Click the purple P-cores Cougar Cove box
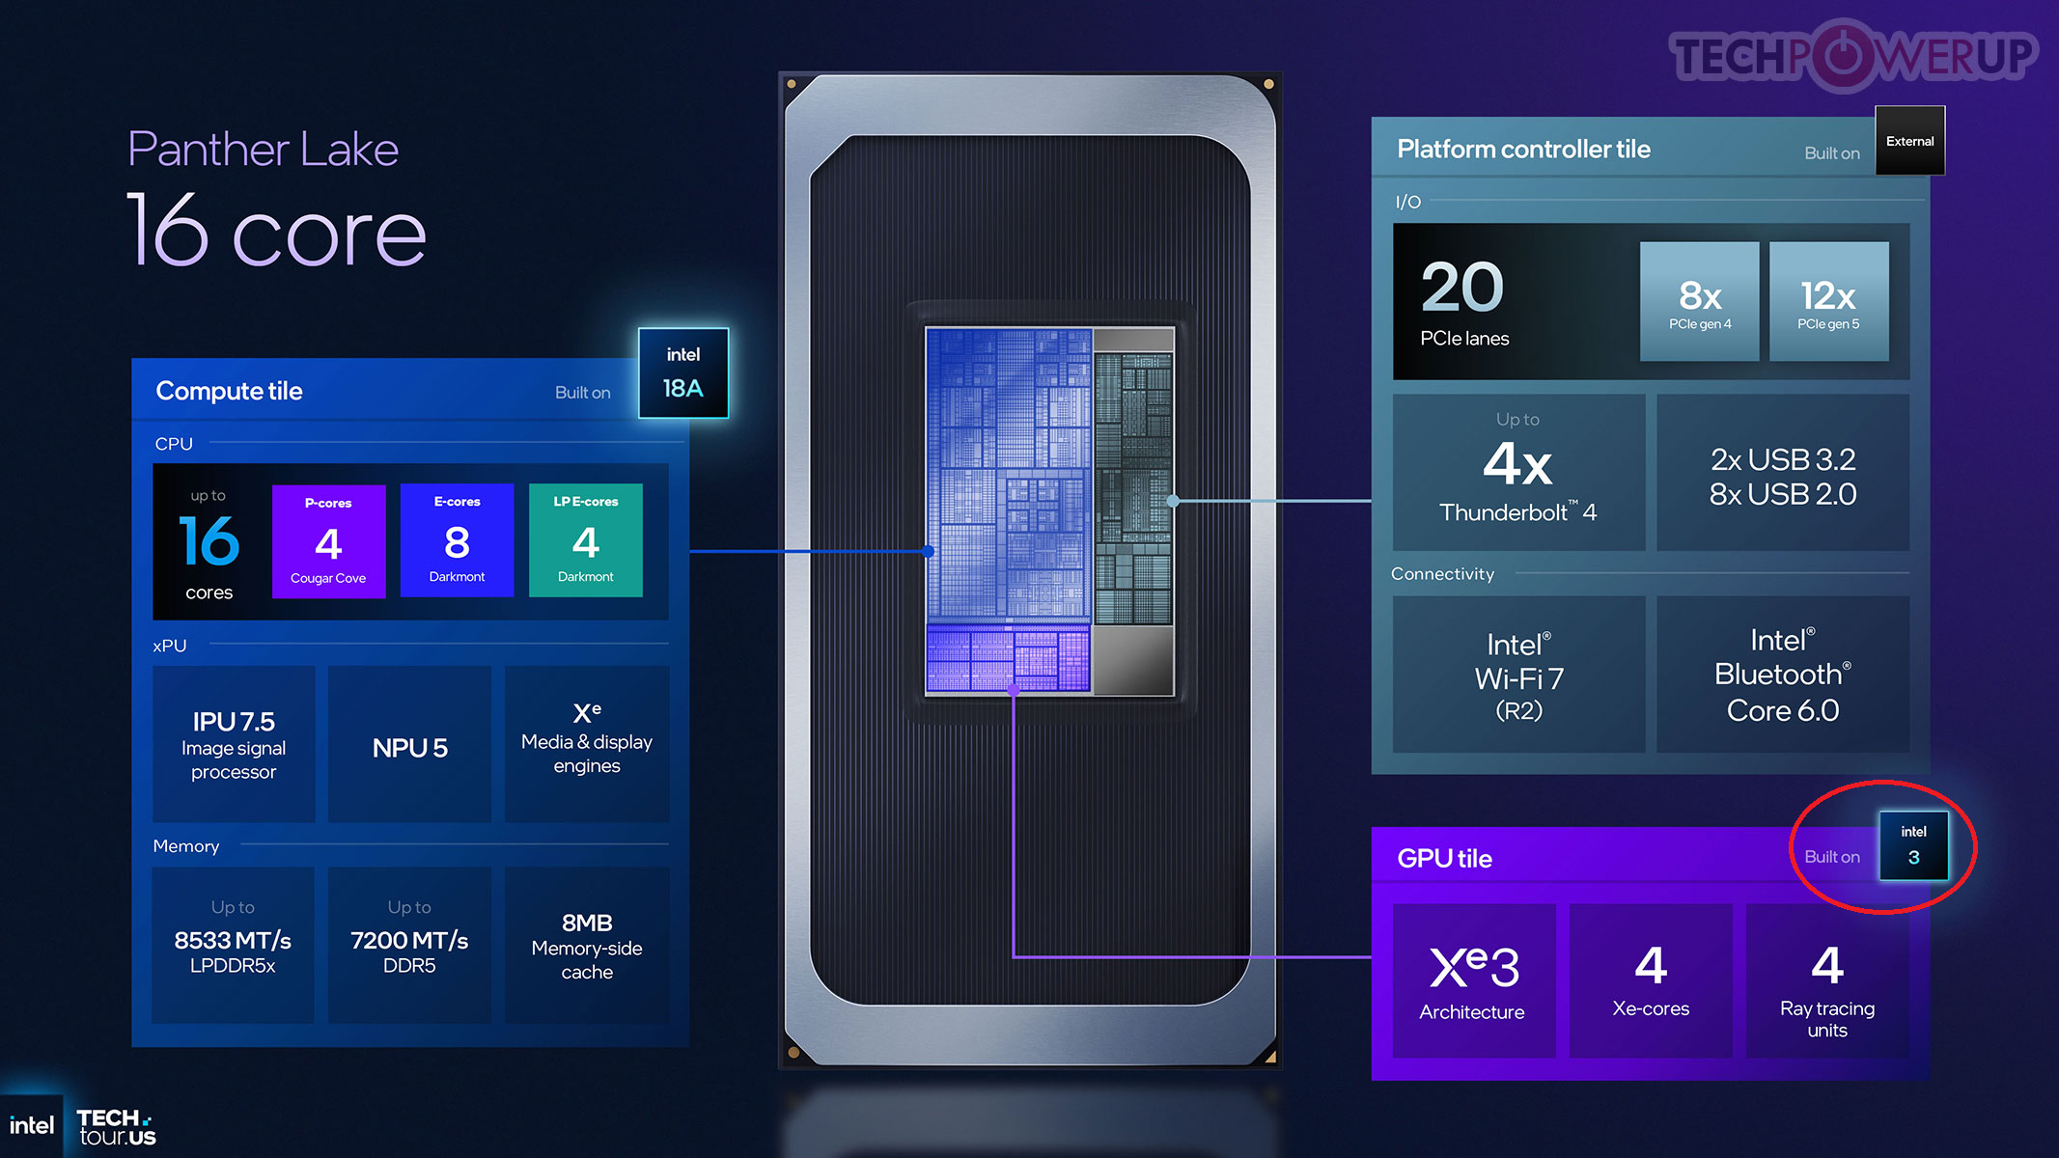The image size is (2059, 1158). [x=328, y=541]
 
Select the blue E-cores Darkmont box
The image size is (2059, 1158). [x=457, y=540]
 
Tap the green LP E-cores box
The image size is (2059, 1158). [x=586, y=540]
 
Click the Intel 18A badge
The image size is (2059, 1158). [x=683, y=372]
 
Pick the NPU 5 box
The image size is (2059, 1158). [x=409, y=744]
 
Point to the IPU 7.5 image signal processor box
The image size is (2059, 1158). [x=234, y=744]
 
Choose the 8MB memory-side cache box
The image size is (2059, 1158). [x=587, y=945]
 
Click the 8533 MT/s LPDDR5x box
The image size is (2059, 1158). [x=233, y=945]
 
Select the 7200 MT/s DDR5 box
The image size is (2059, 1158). [x=409, y=945]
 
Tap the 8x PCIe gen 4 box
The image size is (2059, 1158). [x=1700, y=302]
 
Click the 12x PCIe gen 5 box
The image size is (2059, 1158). [x=1828, y=302]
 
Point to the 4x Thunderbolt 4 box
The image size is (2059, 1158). [x=1518, y=472]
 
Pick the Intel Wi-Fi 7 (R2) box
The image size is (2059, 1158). [x=1518, y=675]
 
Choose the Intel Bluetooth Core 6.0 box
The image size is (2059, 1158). [x=1783, y=675]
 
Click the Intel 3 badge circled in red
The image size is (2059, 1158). [x=1913, y=845]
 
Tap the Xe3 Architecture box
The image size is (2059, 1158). [x=1473, y=980]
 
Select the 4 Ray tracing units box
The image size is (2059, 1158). [x=1827, y=980]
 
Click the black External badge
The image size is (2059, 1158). [x=1910, y=141]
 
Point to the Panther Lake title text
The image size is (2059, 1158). [x=264, y=150]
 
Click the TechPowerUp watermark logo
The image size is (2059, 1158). [x=1853, y=55]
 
